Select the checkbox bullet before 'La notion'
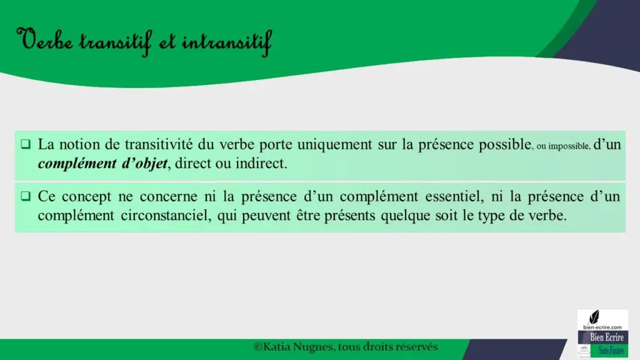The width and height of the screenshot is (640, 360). tap(26, 144)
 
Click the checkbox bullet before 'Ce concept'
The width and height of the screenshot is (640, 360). tap(26, 196)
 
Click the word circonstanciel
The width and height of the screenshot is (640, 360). tap(166, 215)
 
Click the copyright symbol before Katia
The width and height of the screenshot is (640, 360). tap(258, 347)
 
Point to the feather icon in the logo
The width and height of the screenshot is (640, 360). tap(594, 317)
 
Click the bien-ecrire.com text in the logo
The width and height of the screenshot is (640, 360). tap(602, 327)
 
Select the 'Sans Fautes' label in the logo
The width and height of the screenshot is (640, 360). tap(611, 351)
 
